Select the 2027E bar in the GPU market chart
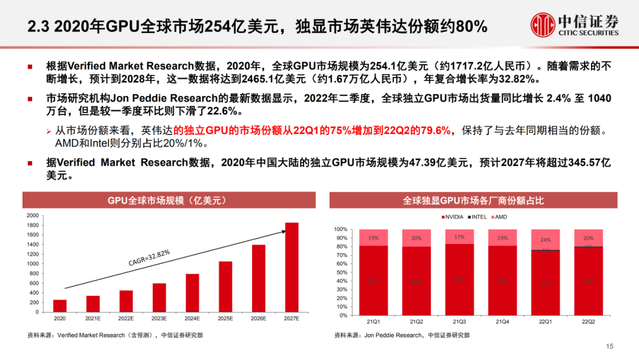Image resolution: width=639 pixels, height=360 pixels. point(292,267)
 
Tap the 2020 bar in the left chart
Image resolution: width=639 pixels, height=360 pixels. point(60,306)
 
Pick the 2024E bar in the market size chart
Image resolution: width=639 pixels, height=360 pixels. point(192,292)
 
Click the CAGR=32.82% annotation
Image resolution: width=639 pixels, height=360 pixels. point(149,258)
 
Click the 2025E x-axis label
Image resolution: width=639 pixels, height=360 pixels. point(225,319)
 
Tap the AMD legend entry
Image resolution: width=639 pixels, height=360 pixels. point(499,217)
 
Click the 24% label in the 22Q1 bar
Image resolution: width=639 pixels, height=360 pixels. point(545,240)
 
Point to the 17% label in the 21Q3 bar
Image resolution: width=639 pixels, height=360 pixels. point(459,237)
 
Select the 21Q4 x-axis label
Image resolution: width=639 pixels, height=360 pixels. point(502,322)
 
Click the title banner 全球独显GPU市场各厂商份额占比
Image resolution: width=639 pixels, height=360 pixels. point(473,200)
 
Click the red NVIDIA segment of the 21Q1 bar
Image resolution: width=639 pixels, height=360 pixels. point(373,281)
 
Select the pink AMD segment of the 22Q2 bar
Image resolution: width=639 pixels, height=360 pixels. point(588,237)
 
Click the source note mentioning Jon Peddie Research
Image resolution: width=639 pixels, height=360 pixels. point(402,335)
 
